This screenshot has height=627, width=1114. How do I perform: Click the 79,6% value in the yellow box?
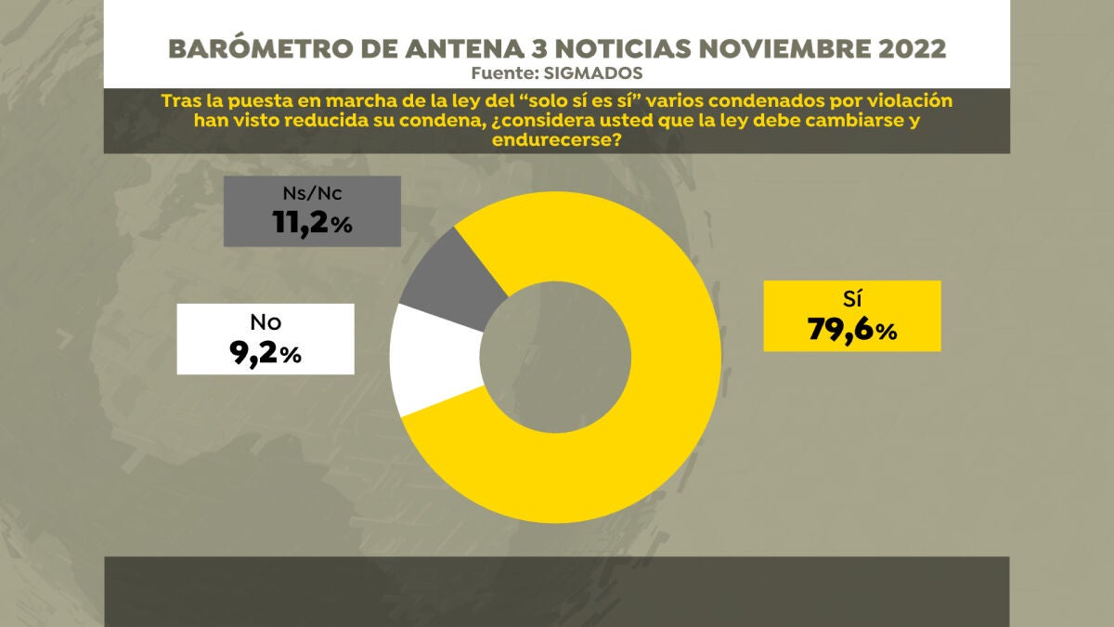[x=852, y=330]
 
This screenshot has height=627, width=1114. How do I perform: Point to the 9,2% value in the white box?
[x=265, y=353]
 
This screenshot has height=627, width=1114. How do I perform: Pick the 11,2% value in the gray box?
[x=312, y=224]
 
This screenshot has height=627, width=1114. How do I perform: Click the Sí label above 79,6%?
[x=852, y=299]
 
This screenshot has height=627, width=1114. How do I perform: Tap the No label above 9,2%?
[x=265, y=322]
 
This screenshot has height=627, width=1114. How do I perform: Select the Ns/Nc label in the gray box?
[x=312, y=194]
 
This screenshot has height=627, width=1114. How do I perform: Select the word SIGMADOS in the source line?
[x=602, y=72]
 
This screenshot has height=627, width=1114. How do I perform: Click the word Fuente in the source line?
[x=501, y=72]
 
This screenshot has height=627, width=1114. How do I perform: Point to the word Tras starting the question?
[x=179, y=100]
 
